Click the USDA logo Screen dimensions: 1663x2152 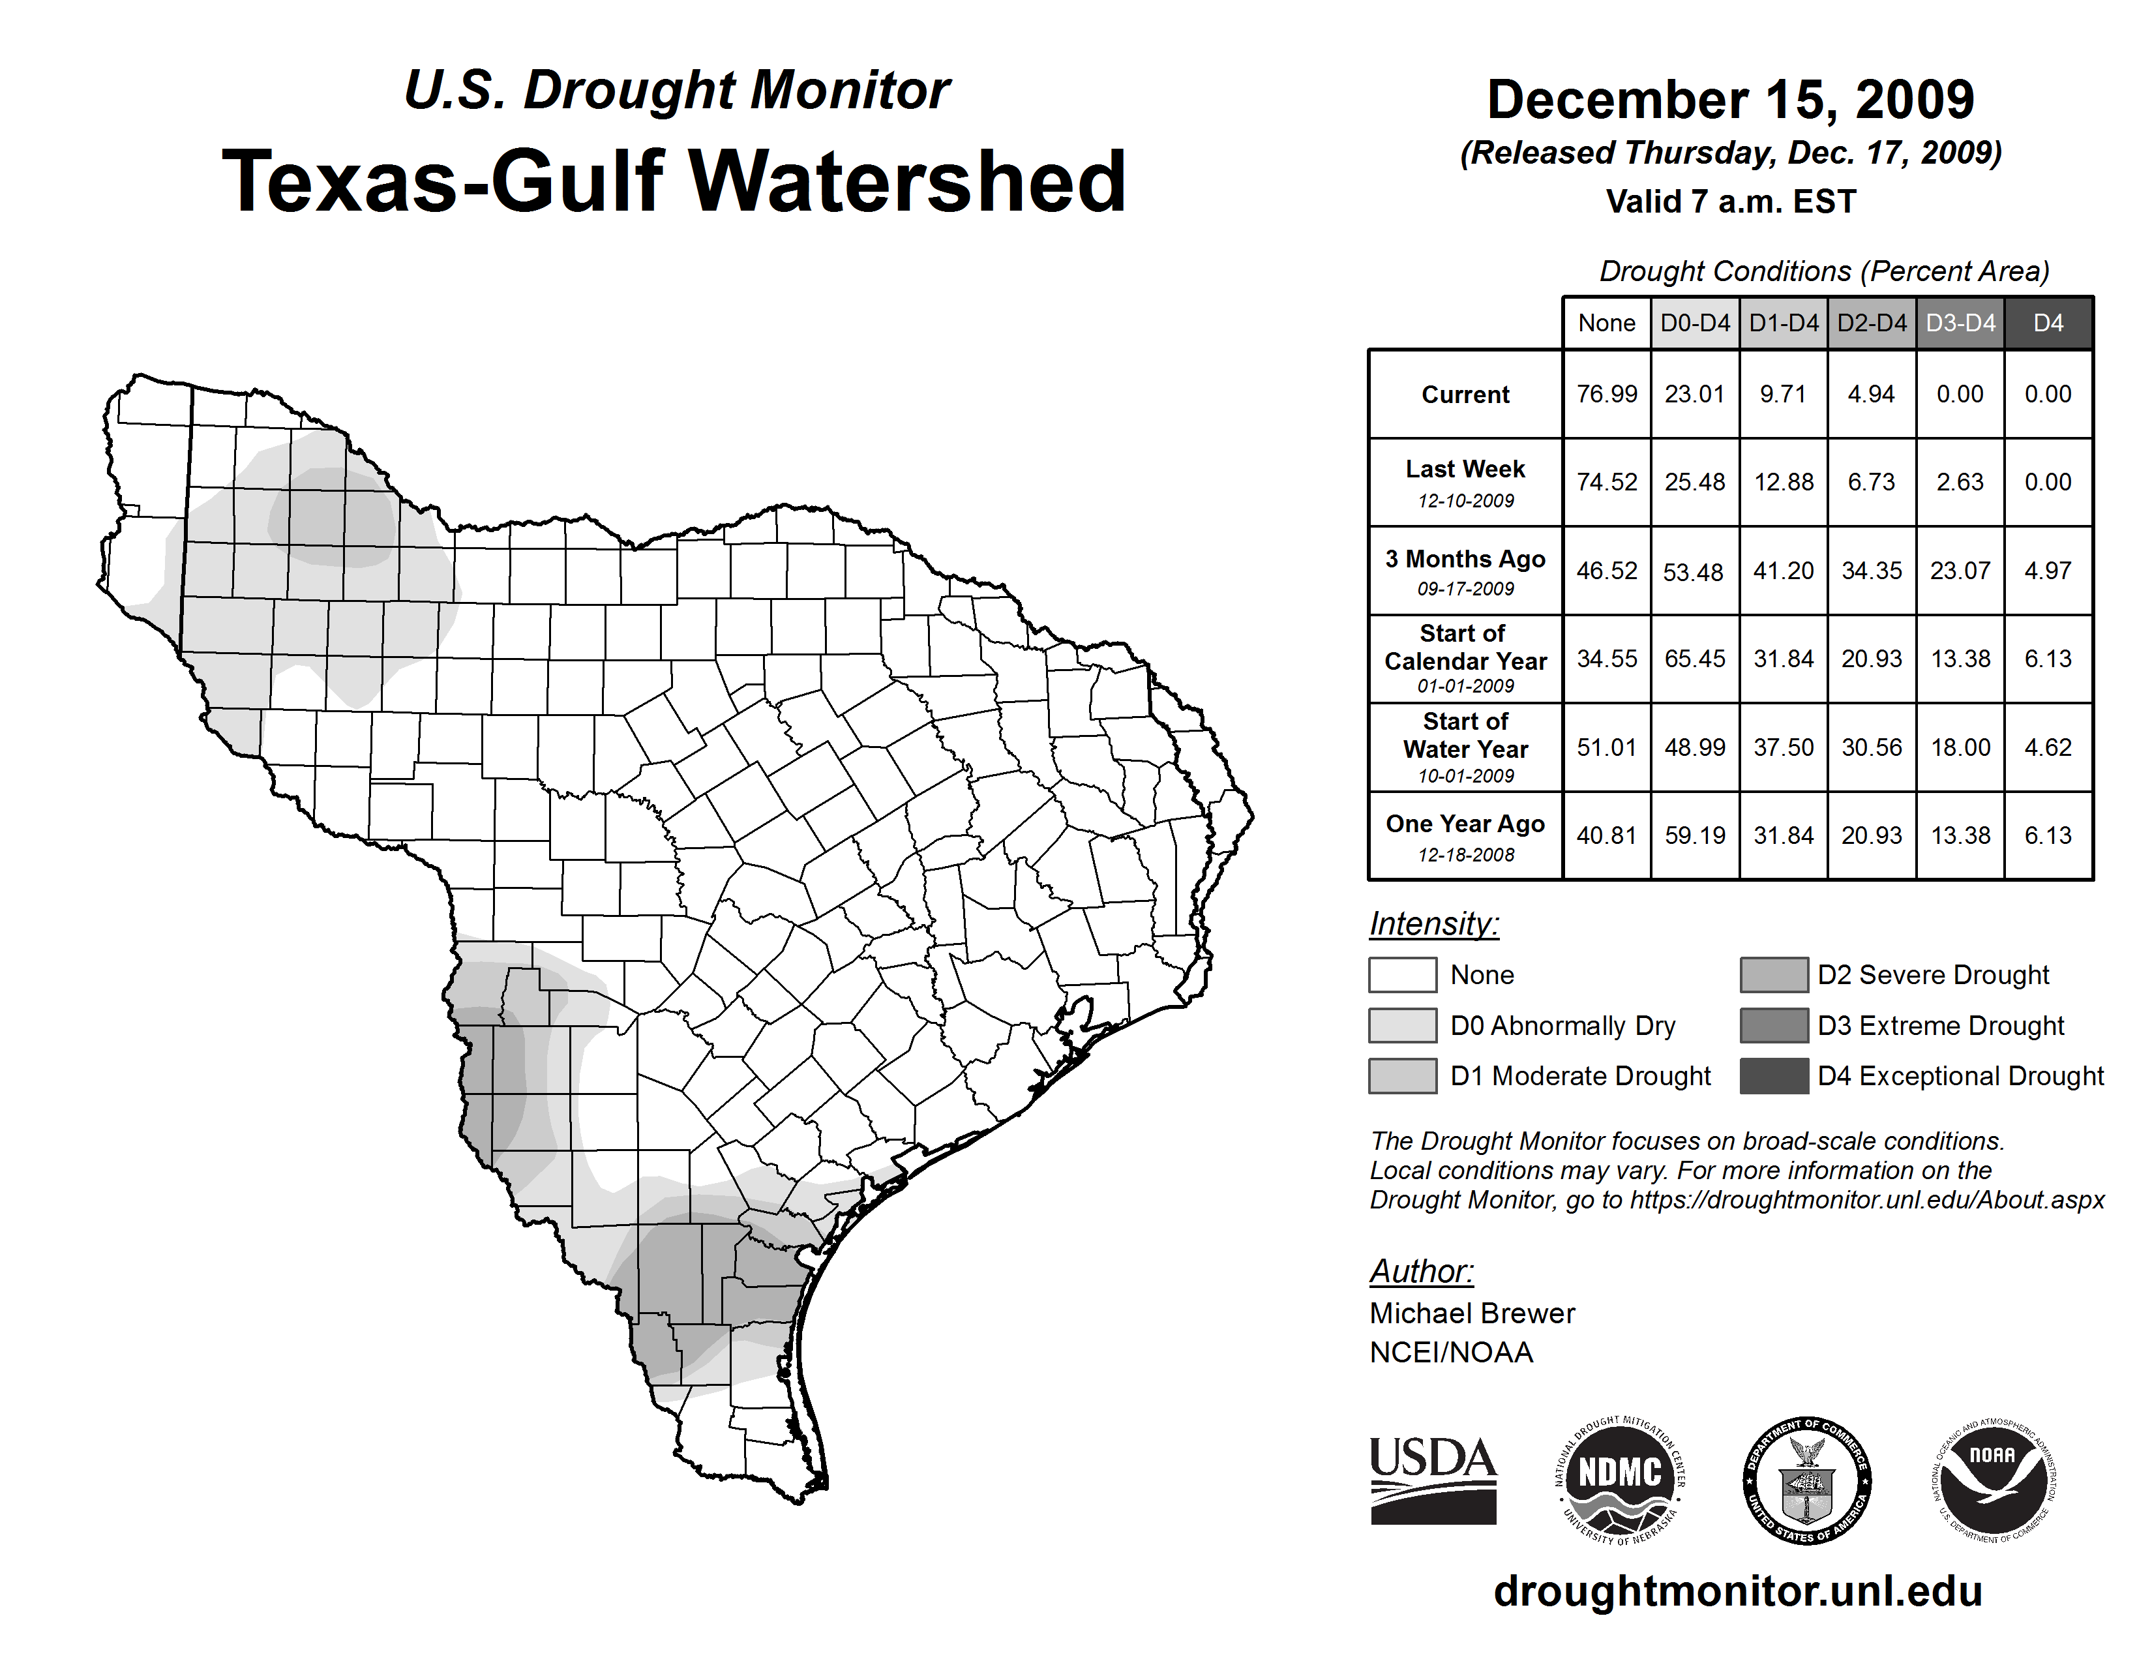tap(1433, 1480)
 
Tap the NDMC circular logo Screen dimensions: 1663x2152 tap(1620, 1480)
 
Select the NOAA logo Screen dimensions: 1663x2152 tap(1992, 1480)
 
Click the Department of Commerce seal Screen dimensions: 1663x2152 tap(1806, 1480)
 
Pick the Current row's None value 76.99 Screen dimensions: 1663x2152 tap(1606, 394)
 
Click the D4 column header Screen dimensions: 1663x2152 tap(2048, 323)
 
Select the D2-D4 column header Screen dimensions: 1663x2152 tap(1871, 323)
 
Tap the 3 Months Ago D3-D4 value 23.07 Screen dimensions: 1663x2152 tap(1960, 571)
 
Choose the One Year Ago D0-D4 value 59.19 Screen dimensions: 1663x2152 tap(1695, 835)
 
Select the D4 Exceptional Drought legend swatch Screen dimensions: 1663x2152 tap(1774, 1076)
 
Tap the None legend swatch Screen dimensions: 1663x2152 tap(1402, 974)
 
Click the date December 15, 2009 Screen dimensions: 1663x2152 tap(1730, 100)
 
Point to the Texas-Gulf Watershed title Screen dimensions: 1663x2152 tap(674, 181)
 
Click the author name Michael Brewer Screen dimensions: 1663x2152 tap(1472, 1313)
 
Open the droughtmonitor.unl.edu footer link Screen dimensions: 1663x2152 tap(1738, 1591)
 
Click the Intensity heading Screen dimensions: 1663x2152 tap(1433, 924)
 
